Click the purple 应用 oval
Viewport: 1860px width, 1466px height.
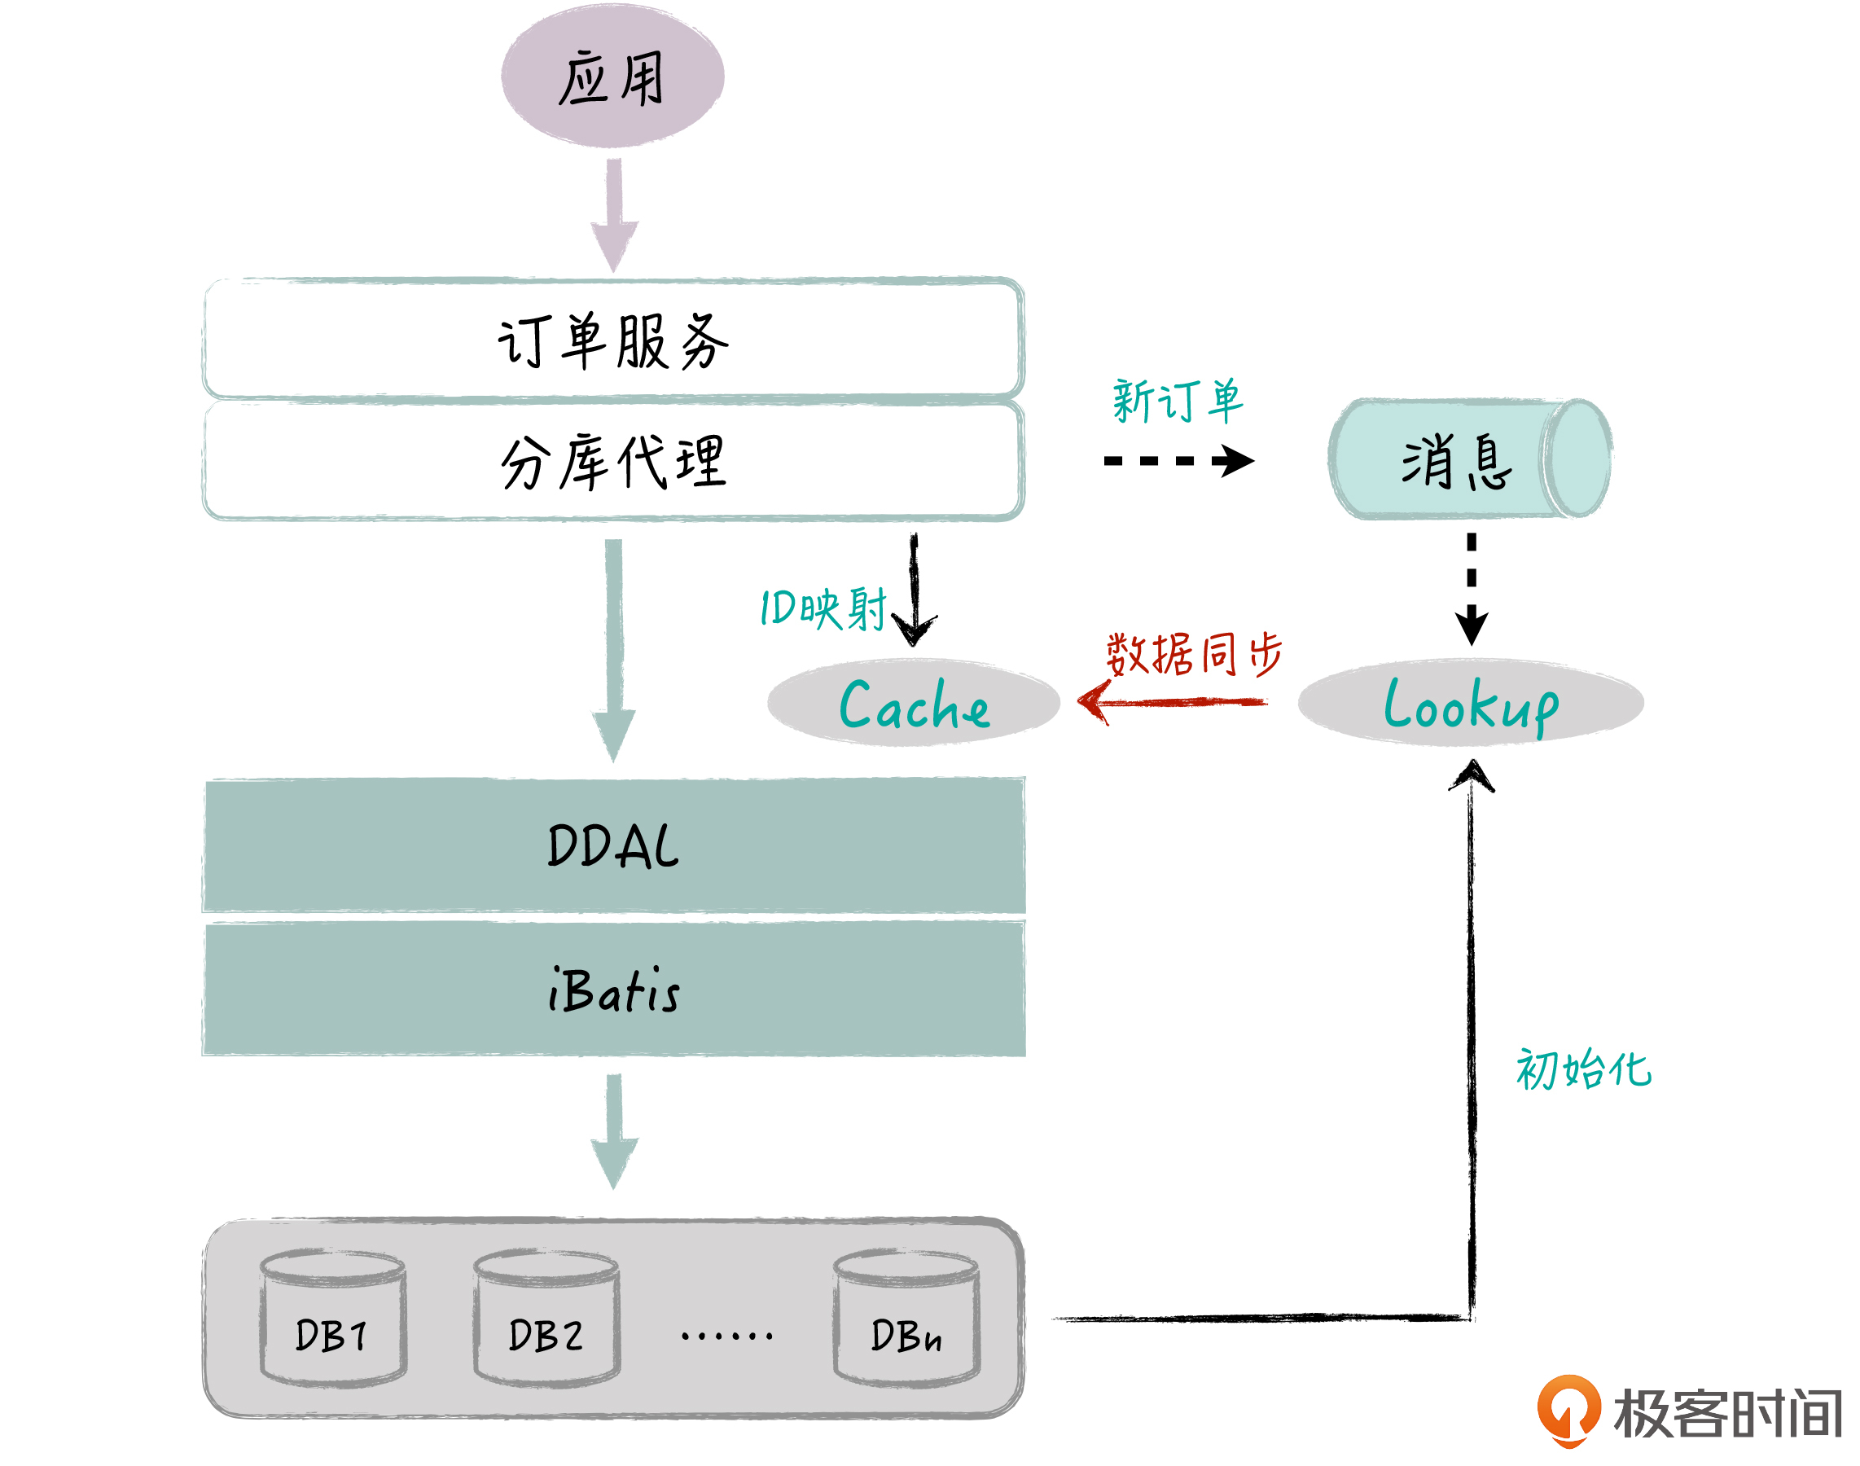612,77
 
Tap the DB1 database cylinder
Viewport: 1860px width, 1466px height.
332,1319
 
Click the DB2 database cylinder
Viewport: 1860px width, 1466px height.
546,1319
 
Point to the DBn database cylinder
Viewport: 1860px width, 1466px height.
906,1319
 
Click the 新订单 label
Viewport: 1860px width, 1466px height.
1177,401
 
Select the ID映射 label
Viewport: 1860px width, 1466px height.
823,608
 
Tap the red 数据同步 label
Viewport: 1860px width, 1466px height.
1193,654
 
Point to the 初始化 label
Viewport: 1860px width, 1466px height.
1583,1069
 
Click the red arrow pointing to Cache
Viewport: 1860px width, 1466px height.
1172,703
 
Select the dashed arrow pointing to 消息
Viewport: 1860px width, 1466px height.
1178,461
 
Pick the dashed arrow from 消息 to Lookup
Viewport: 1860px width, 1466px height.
1472,589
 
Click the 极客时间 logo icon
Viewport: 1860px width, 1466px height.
1568,1410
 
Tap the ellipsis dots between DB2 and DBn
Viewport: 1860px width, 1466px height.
726,1336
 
